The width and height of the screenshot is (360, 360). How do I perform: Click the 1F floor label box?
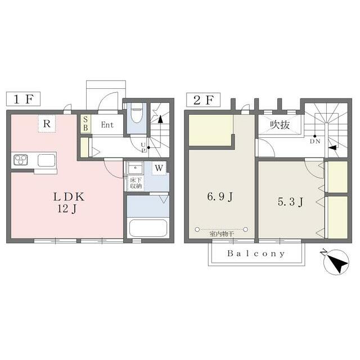click(23, 99)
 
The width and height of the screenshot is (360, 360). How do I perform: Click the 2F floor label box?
click(204, 100)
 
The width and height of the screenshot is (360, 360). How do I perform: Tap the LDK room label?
click(69, 197)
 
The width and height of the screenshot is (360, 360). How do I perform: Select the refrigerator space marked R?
click(47, 124)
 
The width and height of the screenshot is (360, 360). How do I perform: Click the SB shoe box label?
click(85, 124)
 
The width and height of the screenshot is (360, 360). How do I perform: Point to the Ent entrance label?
click(107, 125)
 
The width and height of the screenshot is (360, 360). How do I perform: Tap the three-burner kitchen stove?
click(21, 160)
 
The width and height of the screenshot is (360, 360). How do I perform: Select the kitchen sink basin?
click(47, 160)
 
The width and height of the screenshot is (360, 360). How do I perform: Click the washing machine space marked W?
click(159, 168)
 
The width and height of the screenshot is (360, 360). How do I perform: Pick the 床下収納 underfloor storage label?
click(136, 183)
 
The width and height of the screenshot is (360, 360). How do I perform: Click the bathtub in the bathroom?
click(148, 228)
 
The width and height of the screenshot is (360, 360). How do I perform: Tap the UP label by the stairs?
click(143, 147)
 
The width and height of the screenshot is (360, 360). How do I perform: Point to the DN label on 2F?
click(315, 141)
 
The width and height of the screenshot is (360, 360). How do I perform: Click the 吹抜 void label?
click(280, 125)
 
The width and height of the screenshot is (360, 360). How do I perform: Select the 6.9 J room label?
click(220, 196)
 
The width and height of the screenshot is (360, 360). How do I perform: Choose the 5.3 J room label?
click(290, 202)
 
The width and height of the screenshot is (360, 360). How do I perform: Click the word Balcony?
click(256, 254)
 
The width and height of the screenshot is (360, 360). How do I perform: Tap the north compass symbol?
click(336, 262)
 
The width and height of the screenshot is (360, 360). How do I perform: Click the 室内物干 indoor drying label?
click(222, 235)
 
